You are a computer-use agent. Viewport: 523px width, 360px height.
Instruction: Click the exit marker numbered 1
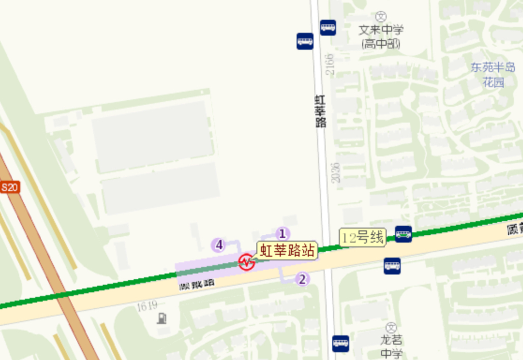[283, 234]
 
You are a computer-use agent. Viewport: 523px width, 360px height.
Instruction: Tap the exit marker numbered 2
[303, 279]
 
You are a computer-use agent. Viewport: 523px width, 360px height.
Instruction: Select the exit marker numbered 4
[219, 246]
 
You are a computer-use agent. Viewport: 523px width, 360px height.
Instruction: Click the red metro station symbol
[247, 262]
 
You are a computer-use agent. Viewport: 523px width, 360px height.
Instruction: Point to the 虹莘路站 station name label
[288, 250]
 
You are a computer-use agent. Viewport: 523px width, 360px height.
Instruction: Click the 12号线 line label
[363, 237]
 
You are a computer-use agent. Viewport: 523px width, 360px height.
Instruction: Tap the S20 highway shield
[9, 187]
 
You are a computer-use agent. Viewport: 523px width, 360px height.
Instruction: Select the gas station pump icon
[162, 318]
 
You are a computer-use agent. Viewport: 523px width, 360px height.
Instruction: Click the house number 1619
[147, 306]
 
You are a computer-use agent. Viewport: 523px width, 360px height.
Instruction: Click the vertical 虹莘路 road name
[320, 111]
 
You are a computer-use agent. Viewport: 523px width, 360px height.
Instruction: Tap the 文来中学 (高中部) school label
[381, 37]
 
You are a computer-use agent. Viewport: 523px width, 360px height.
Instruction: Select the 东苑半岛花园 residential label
[492, 74]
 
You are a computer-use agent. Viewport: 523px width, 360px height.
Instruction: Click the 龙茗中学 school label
[391, 346]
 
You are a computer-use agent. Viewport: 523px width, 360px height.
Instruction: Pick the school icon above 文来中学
[381, 17]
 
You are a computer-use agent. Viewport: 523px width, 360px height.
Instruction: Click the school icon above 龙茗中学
[391, 327]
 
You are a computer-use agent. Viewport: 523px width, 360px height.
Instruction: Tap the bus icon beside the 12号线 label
[403, 234]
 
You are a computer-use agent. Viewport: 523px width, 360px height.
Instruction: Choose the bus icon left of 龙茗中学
[340, 343]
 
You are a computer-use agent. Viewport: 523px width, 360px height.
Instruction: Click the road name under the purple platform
[197, 284]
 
